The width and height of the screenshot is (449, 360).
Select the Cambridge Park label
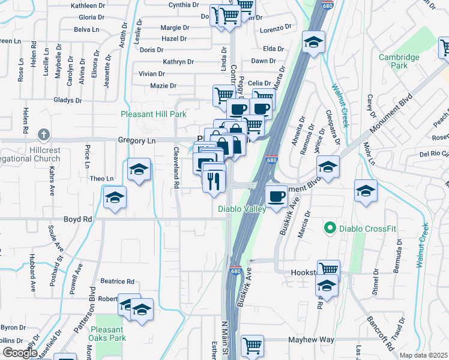point(399,62)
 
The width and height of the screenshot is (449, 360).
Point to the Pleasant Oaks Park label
point(107,334)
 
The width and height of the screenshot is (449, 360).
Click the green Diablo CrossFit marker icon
point(330,228)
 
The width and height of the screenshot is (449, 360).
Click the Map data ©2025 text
point(423,355)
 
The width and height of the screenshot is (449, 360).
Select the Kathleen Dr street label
point(88,5)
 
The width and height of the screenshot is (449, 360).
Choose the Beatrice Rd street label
point(117,281)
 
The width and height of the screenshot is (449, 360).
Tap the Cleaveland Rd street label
point(177,169)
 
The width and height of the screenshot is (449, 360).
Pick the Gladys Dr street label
point(67,100)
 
